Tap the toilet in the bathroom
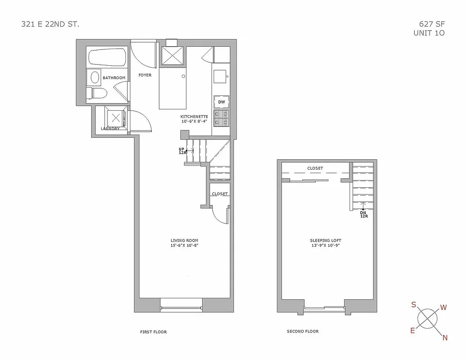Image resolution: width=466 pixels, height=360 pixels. click(99, 94)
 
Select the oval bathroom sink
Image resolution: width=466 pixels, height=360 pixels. click(95, 78)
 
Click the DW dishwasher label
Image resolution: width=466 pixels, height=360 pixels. click(221, 102)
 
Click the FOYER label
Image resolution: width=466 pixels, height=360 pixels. click(145, 75)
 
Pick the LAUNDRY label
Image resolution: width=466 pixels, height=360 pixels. click(110, 129)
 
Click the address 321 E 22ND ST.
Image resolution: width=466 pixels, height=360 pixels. click(50, 24)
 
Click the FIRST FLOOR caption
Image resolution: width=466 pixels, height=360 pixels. click(153, 332)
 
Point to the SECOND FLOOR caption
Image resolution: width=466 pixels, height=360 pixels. click(303, 332)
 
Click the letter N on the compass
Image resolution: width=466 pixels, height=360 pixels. click(445, 338)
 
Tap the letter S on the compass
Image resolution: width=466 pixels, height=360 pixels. click(413, 305)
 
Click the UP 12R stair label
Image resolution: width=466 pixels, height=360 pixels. click(182, 151)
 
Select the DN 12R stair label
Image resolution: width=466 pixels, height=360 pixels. click(363, 214)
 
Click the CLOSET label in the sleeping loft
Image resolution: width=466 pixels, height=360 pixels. click(315, 168)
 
